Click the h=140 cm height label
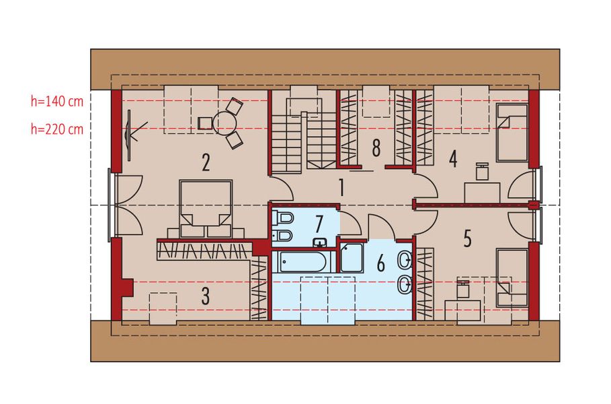[x=57, y=102]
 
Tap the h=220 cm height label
[x=57, y=129]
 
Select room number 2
[x=206, y=162]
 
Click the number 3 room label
[x=206, y=296]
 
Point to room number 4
[x=453, y=160]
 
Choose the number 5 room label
[x=468, y=238]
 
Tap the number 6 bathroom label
[x=380, y=263]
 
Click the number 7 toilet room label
[x=319, y=224]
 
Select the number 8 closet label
[x=376, y=148]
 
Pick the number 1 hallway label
[x=341, y=187]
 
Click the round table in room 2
[x=225, y=123]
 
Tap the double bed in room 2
[x=206, y=209]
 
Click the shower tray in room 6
[x=352, y=258]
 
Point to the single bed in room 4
[x=512, y=133]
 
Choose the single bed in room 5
[x=512, y=278]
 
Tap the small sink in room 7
[x=321, y=243]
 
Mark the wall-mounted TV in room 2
[x=129, y=135]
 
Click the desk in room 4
[x=482, y=193]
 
